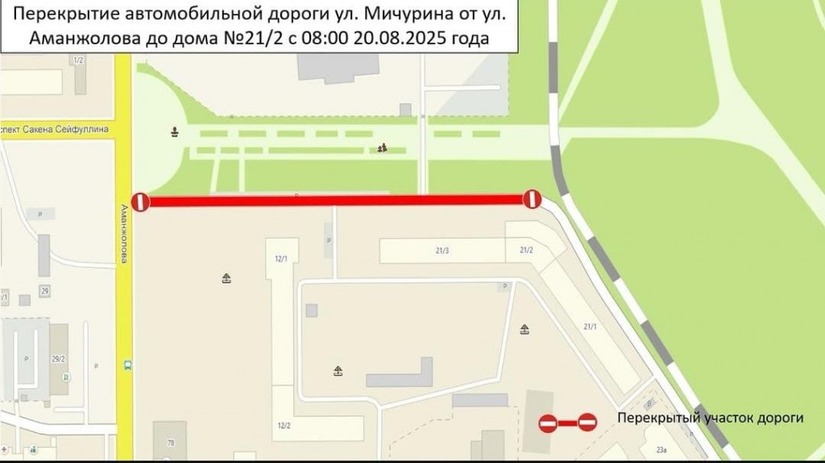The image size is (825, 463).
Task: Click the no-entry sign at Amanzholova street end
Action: click(140, 202)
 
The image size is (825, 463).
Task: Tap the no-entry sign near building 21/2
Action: click(532, 198)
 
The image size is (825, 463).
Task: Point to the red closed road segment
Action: click(336, 200)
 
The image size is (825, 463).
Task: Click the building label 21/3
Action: click(442, 251)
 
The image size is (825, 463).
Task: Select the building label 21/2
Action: click(527, 251)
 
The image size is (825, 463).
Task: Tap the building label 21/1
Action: click(590, 327)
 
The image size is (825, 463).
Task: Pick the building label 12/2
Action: click(283, 425)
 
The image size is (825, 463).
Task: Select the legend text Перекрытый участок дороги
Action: click(711, 419)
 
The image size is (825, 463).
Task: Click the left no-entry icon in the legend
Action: click(548, 423)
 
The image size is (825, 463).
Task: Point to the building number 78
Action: click(170, 443)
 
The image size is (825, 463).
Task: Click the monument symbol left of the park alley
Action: click(175, 131)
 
